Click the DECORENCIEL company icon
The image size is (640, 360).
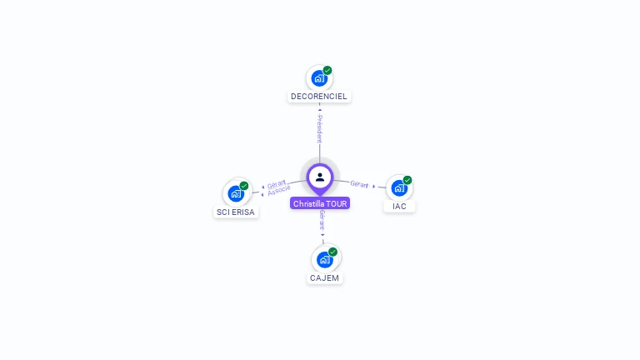[318, 78]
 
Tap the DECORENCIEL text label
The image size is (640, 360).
[319, 97]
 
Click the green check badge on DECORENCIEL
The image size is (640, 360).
[327, 71]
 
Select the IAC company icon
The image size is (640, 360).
[399, 187]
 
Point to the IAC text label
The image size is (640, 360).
[399, 206]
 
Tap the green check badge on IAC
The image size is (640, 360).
[407, 180]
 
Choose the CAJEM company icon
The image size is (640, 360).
[324, 259]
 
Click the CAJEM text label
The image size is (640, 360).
[325, 277]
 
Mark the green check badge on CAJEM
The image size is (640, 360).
[332, 252]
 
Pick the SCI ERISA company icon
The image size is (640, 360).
[236, 193]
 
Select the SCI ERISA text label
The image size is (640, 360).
[237, 212]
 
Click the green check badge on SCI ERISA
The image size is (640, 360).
[244, 186]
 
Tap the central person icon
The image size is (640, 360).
[320, 177]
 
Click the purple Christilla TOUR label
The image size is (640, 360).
[320, 203]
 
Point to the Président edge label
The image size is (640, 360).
[319, 128]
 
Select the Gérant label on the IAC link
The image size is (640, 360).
[359, 184]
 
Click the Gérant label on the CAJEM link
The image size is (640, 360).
[322, 220]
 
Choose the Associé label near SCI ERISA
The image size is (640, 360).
[279, 192]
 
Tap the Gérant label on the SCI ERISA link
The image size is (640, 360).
[277, 183]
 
